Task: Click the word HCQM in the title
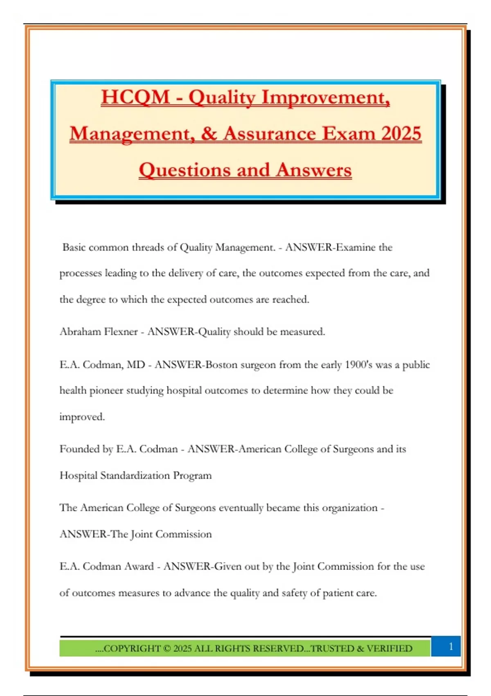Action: point(135,97)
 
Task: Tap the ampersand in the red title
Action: point(209,134)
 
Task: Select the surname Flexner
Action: point(119,332)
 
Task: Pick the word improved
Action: point(82,417)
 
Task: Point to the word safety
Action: point(295,593)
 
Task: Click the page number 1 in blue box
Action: point(451,646)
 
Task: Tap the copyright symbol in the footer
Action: point(167,649)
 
